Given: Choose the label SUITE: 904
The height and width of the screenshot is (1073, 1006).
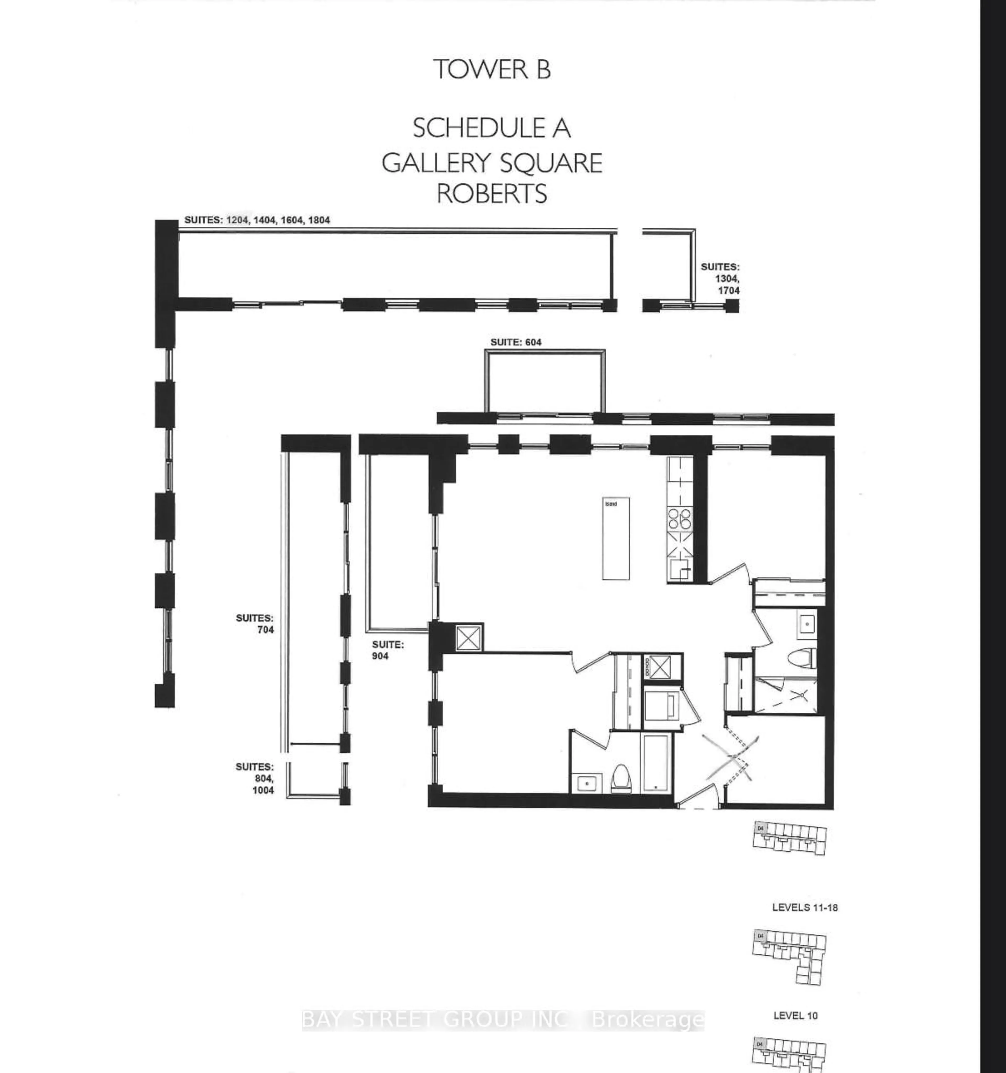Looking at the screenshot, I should pyautogui.click(x=388, y=650).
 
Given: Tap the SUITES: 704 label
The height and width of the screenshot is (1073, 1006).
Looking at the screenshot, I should pyautogui.click(x=255, y=623).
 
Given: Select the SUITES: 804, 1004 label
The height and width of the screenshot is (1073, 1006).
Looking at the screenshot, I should pyautogui.click(x=255, y=778).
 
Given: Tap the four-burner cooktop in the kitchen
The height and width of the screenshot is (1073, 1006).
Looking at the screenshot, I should pyautogui.click(x=680, y=519).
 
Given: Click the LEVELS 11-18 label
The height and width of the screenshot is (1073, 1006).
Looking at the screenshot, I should pyautogui.click(x=805, y=907).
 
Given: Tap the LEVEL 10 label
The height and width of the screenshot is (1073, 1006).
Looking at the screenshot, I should pyautogui.click(x=795, y=1015).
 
